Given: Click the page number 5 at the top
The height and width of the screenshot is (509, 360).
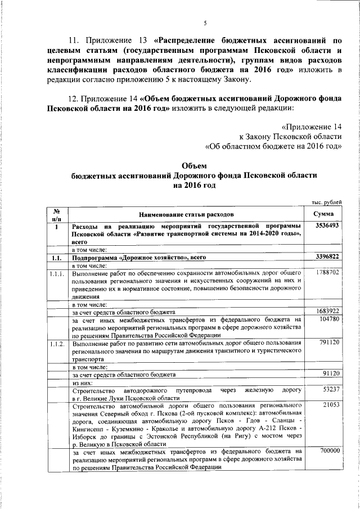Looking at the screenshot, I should pyautogui.click(x=205, y=23).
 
